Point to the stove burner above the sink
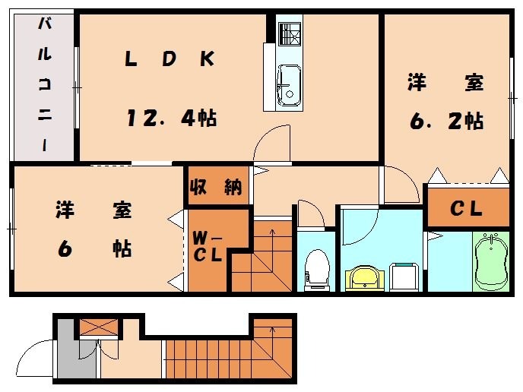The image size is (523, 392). point(290,34)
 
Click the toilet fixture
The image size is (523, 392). point(315,270)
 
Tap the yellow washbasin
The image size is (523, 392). point(365,277)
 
